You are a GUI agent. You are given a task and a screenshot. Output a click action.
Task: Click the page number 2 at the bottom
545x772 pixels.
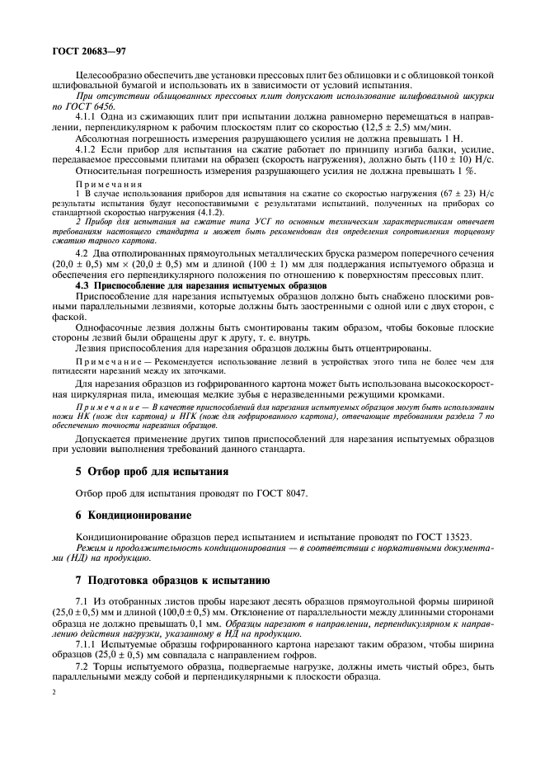coord(53,694)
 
